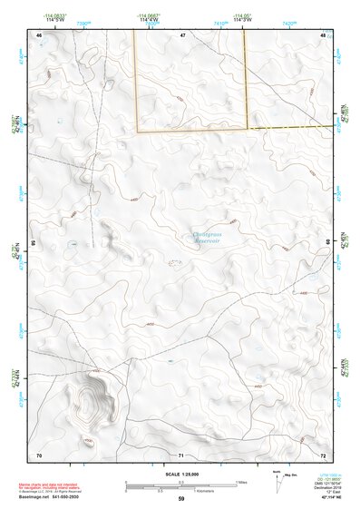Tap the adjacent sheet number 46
point(39,34)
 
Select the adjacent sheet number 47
point(182,34)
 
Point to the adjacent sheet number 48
point(323,34)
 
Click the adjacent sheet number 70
point(39,454)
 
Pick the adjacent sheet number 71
point(181,454)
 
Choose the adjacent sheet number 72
point(323,454)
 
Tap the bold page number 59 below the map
point(181,500)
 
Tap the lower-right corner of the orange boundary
point(248,131)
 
